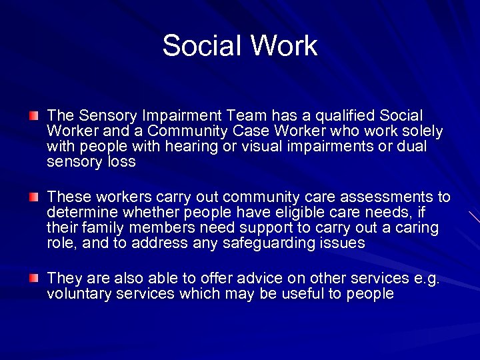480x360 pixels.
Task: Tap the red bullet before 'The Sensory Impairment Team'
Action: tap(34, 116)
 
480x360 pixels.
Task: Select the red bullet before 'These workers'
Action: tap(34, 197)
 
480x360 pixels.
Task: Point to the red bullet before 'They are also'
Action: tap(34, 278)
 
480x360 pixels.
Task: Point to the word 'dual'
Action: tap(412, 147)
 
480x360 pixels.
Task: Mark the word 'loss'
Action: tap(121, 162)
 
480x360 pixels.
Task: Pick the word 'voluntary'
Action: tap(75, 294)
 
